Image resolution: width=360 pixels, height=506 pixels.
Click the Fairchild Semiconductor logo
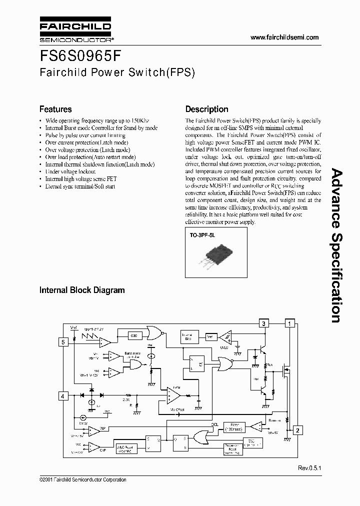click(75, 30)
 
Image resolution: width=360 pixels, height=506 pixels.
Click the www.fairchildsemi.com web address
click(284, 37)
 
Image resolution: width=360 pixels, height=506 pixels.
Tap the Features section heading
click(55, 109)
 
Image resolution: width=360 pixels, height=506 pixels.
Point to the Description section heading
click(206, 109)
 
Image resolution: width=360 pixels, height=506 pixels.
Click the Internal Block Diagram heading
click(82, 290)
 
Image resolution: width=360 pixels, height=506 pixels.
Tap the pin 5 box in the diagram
click(63, 342)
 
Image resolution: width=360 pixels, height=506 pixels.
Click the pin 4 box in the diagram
click(63, 396)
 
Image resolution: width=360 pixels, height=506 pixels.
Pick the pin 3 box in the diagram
click(263, 323)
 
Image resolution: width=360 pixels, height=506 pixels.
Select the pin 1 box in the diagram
click(289, 323)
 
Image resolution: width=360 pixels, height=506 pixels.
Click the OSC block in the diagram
click(134, 335)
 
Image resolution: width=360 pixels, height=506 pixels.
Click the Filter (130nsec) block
click(233, 426)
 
